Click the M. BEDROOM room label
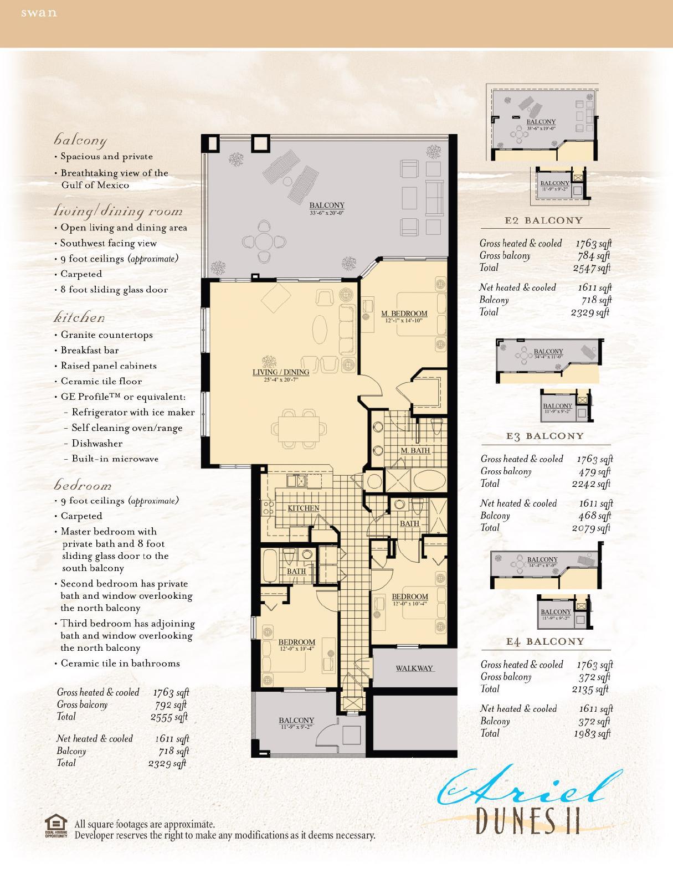click(x=404, y=313)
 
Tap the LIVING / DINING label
click(x=280, y=372)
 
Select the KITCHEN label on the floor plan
click(x=303, y=508)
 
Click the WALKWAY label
click(x=414, y=668)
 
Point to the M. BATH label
click(x=415, y=450)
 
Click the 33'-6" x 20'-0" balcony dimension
click(x=327, y=213)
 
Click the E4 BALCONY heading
click(x=545, y=641)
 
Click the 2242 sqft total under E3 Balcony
click(x=590, y=484)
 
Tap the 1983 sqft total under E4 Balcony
click(x=592, y=733)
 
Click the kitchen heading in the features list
click(x=79, y=317)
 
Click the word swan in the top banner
click(x=39, y=13)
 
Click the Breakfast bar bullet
click(x=89, y=350)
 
